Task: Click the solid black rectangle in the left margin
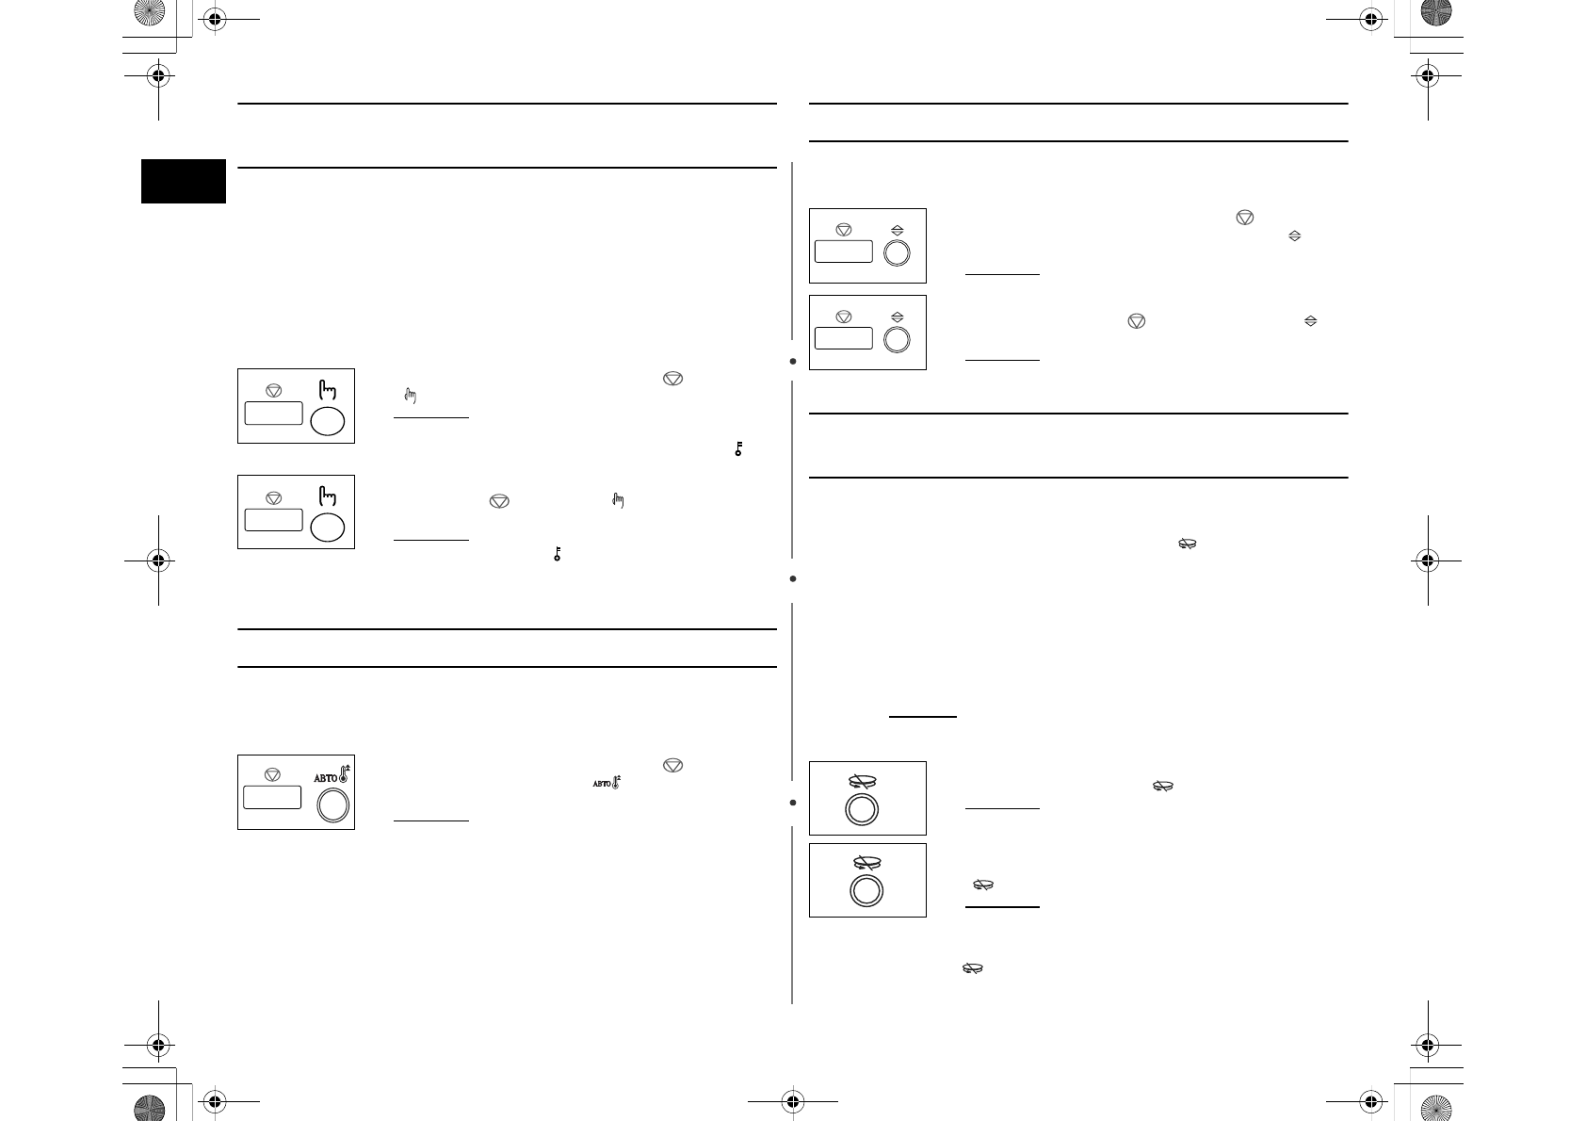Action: (184, 181)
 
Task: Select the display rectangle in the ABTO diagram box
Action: (272, 797)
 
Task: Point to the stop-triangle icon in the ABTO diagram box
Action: (273, 774)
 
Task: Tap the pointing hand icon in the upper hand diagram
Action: (328, 388)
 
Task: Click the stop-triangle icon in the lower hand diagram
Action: (274, 497)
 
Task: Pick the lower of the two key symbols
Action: (558, 555)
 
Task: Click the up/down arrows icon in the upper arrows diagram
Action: (897, 230)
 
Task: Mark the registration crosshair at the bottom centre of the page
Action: (792, 1099)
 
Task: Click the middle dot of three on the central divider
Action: (794, 578)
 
